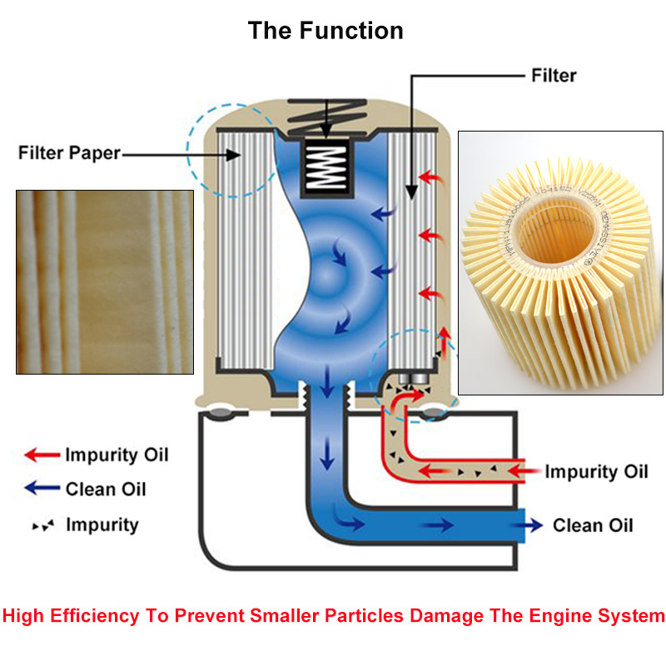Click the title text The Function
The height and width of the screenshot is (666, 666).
(326, 31)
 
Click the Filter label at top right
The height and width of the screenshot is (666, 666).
(554, 75)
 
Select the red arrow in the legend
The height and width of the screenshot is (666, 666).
(41, 455)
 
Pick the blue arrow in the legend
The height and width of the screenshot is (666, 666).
(41, 489)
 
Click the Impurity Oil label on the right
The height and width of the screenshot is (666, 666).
(596, 472)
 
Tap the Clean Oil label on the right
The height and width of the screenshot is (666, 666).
(593, 525)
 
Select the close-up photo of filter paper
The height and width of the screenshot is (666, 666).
(105, 281)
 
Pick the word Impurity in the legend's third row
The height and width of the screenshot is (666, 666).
(102, 525)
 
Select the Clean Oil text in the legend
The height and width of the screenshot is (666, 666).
(106, 489)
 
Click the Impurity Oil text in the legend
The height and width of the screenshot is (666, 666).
(117, 455)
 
